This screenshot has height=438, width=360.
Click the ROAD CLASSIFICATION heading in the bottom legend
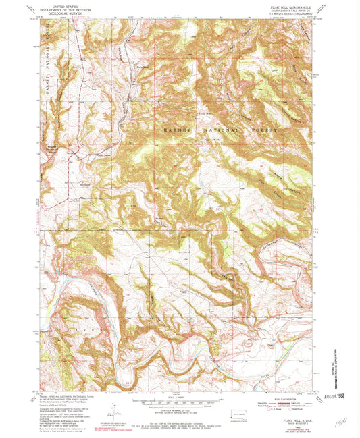click(270, 396)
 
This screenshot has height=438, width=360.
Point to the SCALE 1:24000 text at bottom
click(178, 396)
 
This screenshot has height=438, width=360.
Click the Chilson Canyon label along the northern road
click(122, 54)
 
